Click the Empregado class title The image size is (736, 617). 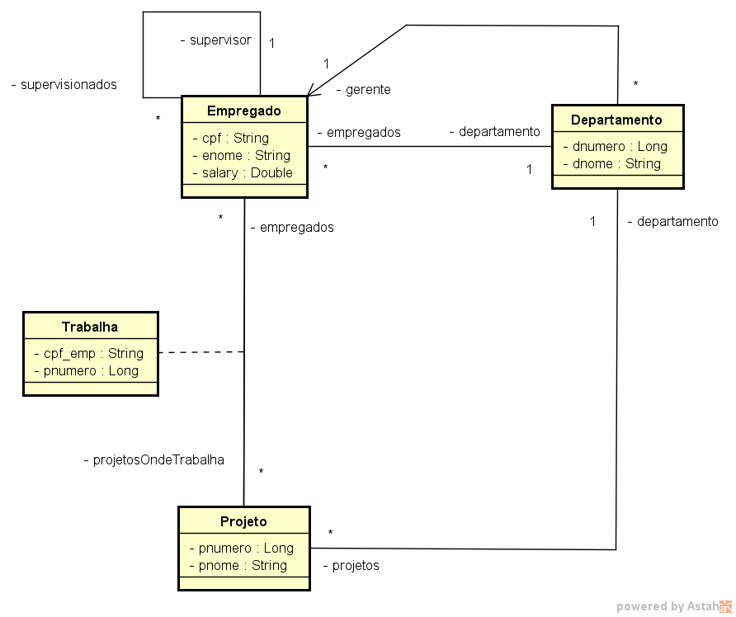tap(244, 111)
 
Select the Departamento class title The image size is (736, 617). tap(616, 120)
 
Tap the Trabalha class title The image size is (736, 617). tap(90, 327)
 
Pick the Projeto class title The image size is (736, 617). tap(243, 521)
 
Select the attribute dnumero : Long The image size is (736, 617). tap(615, 146)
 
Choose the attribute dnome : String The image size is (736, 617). tap(611, 163)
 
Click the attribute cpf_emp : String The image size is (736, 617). tap(88, 353)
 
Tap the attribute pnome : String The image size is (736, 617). tap(238, 565)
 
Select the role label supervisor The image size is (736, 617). tap(215, 40)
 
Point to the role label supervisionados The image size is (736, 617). tap(64, 84)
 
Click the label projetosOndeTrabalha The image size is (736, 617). tap(154, 459)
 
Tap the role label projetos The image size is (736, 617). tap(351, 565)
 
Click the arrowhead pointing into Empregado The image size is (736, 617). tap(311, 93)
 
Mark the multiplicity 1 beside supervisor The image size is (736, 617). tap(271, 43)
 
